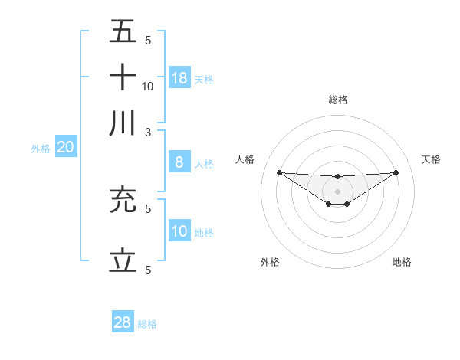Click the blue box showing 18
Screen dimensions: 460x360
tap(179, 77)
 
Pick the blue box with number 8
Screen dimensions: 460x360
tap(179, 162)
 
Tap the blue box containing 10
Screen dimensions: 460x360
tap(179, 231)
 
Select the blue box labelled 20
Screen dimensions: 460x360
tap(65, 148)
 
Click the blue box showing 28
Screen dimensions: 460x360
tap(123, 322)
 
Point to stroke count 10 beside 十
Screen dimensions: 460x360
tap(148, 86)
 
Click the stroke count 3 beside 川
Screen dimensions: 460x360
tap(148, 131)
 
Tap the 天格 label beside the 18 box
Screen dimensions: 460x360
tap(204, 79)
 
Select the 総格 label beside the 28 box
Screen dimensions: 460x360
tap(147, 324)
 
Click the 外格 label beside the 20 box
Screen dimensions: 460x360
tap(41, 149)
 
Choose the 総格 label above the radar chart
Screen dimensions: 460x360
tap(338, 100)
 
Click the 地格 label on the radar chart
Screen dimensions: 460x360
tap(402, 263)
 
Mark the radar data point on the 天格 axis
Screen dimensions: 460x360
tap(396, 172)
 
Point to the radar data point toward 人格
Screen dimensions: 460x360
tap(279, 172)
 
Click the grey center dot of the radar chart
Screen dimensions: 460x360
tap(337, 191)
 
